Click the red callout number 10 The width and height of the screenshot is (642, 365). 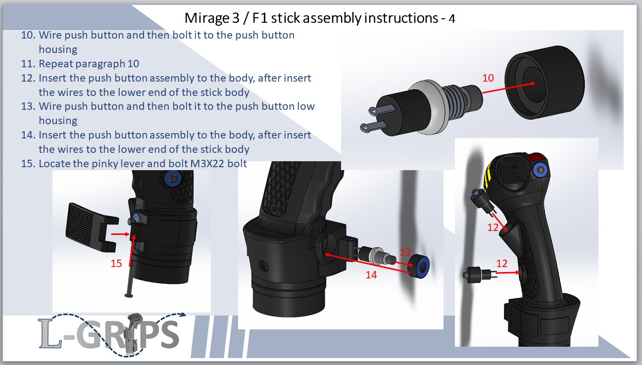point(488,78)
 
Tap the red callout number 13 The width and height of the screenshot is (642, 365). point(405,252)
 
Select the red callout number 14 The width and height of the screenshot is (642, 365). point(371,274)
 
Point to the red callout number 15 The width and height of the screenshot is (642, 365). point(116,264)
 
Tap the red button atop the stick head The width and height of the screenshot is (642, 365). point(537,157)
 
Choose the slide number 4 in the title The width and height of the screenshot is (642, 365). point(451,19)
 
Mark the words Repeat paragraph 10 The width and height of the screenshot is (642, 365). point(89,64)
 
